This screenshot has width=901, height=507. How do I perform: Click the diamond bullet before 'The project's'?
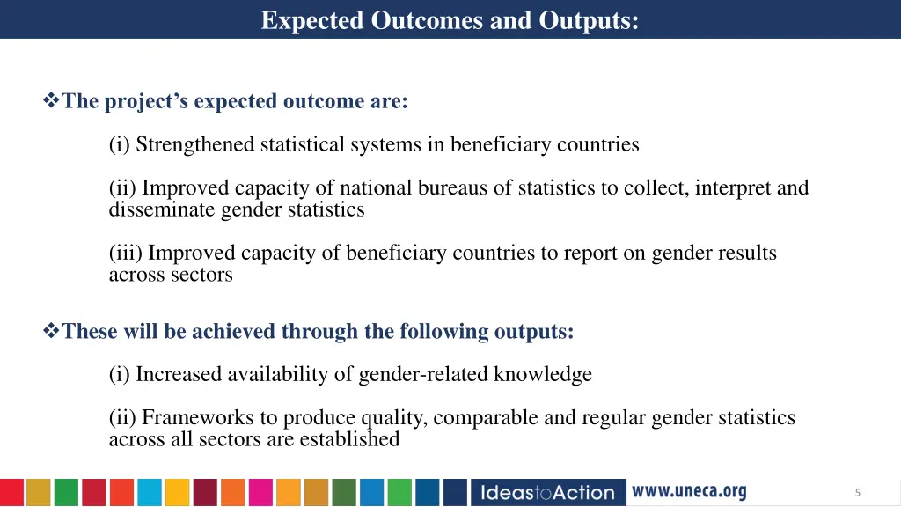click(51, 101)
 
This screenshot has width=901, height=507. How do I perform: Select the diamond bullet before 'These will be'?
click(51, 332)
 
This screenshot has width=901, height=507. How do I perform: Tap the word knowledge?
click(543, 375)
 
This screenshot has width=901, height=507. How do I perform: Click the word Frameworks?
click(190, 418)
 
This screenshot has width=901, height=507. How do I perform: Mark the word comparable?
click(486, 418)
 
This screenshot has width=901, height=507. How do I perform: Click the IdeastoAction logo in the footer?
click(548, 492)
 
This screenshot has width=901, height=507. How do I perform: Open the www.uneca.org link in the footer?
click(690, 491)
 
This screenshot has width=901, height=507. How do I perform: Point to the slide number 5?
click(857, 493)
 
